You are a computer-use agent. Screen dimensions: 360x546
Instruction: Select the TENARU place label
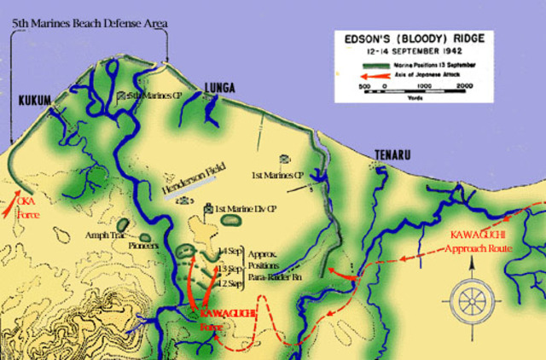click(x=393, y=154)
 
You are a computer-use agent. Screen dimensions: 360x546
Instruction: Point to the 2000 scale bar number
click(x=465, y=86)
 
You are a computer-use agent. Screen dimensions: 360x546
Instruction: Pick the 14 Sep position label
click(x=231, y=250)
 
